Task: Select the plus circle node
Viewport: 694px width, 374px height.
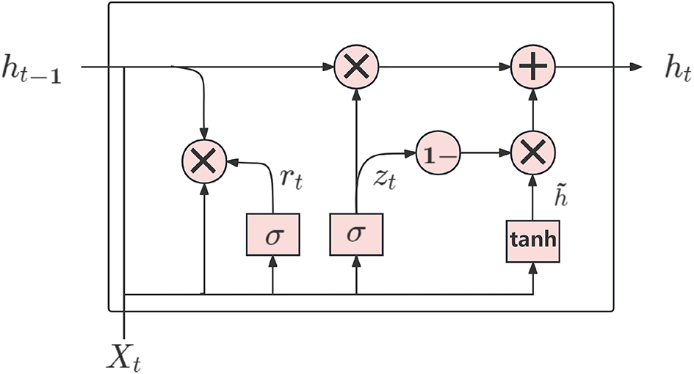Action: [x=533, y=67]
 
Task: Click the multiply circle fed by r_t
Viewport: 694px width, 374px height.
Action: [x=203, y=160]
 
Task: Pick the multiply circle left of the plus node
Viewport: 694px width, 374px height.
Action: [x=356, y=67]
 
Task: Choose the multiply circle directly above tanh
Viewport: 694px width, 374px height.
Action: [x=533, y=154]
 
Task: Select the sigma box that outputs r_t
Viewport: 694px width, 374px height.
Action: [x=272, y=235]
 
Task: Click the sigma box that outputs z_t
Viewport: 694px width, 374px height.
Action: [x=356, y=235]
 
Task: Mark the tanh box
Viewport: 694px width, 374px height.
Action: [x=533, y=240]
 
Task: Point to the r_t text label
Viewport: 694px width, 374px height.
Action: [x=292, y=179]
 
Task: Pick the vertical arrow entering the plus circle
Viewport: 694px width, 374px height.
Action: [x=533, y=110]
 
